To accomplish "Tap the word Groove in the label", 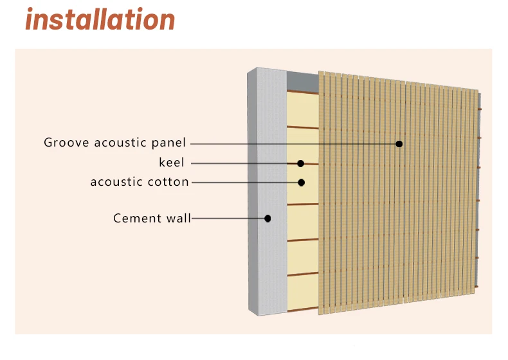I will (x=67, y=143).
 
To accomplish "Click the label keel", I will (x=172, y=163).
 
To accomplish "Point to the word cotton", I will (x=168, y=182).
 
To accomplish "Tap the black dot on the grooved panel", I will (x=399, y=143).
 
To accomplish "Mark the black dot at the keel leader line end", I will (x=300, y=163).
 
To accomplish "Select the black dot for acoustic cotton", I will (x=301, y=183).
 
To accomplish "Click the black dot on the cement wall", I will (x=268, y=219).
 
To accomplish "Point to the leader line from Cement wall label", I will (x=228, y=219).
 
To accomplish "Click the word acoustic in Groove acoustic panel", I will (x=120, y=143).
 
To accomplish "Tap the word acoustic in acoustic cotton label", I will (x=116, y=182).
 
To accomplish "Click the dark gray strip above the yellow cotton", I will (x=302, y=81).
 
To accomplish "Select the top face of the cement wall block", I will (x=267, y=71).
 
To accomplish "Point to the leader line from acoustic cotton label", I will (x=244, y=183).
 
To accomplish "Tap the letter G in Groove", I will (x=48, y=143).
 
